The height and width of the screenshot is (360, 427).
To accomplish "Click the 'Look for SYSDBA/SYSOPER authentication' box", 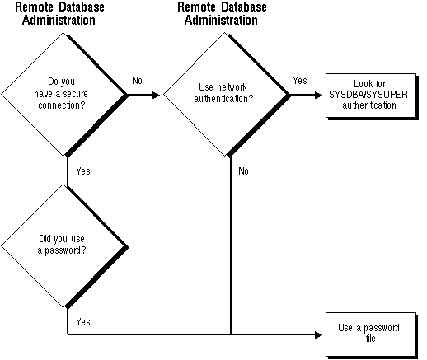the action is (372, 96).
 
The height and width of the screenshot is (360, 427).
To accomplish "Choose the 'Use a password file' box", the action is (372, 335).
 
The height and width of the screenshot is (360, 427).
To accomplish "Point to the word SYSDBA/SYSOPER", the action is (368, 95).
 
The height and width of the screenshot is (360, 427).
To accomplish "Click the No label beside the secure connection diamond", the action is (137, 81).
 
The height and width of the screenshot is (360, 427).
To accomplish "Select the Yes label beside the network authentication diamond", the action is (300, 81).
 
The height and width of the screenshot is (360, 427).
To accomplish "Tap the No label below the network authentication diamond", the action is (243, 171).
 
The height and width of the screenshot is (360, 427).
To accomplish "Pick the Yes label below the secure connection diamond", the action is (83, 171).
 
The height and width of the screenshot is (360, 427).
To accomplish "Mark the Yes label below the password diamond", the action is (83, 321).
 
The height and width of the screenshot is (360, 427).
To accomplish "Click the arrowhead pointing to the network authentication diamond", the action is (157, 95).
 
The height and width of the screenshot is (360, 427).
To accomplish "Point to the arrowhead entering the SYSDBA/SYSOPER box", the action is (319, 95).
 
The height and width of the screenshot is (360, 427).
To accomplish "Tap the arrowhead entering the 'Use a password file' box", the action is (319, 334).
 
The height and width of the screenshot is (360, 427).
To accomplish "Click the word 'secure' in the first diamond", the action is (75, 94).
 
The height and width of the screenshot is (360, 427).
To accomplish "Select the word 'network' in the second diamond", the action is (232, 87).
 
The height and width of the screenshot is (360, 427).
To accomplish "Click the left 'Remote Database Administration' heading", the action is (59, 14).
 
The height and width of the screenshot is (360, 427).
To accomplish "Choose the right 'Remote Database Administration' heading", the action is (222, 14).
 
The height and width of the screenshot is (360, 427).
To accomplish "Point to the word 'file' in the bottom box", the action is (370, 338).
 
